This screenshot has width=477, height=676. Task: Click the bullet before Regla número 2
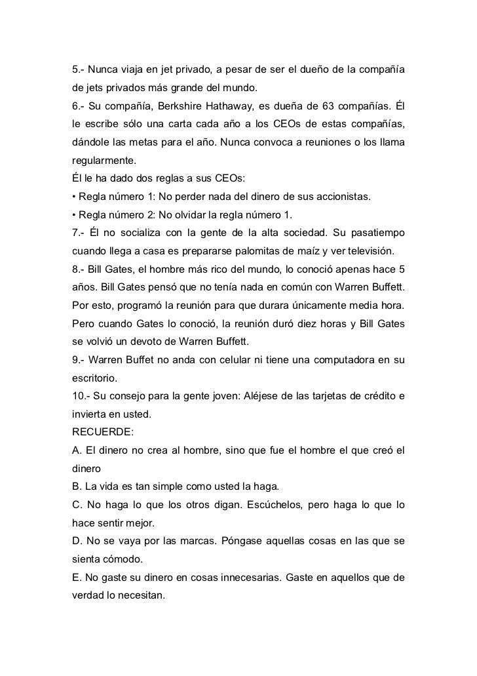click(73, 215)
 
